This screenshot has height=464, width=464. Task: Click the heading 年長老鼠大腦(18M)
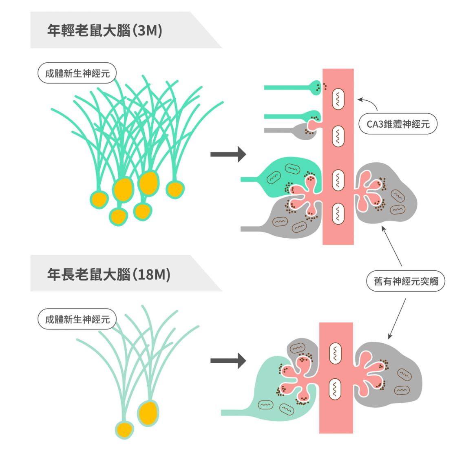(x=108, y=274)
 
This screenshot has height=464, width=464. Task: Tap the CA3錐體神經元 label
(x=398, y=124)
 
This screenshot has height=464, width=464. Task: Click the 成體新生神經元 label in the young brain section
(x=77, y=74)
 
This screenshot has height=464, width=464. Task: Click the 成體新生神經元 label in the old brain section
(x=77, y=319)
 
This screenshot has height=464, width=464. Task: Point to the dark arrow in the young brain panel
(x=228, y=155)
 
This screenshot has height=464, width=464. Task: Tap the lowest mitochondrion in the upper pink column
(x=338, y=212)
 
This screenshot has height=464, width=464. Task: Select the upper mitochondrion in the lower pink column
(x=335, y=353)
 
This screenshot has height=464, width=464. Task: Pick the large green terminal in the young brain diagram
(x=285, y=175)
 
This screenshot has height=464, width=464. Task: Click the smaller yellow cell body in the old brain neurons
(x=124, y=429)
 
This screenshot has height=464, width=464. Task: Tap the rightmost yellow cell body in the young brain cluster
(x=175, y=189)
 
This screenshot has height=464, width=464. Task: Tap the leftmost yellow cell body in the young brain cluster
(x=99, y=199)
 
